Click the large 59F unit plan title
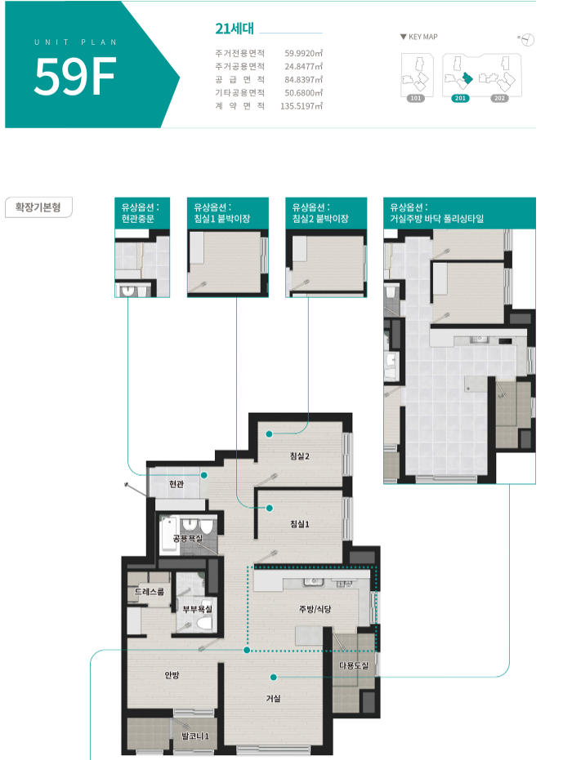coord(75,76)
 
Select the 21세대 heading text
coord(235,29)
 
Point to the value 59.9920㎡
coord(304,53)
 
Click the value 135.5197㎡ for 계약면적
coord(302,105)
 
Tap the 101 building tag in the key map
coord(416,99)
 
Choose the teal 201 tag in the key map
coord(460,99)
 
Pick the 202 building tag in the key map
coord(499,99)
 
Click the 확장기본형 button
coord(38,207)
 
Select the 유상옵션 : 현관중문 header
coord(142,213)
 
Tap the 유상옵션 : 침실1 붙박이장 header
coord(227,213)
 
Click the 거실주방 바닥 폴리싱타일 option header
coord(459,213)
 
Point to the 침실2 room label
coord(299,456)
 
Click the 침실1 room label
coord(299,524)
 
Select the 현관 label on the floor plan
coord(177,484)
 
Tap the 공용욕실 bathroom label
coord(188,538)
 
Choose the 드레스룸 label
coord(150,592)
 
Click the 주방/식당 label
coord(315,609)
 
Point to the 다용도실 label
coord(354,665)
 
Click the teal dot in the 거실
coord(274,677)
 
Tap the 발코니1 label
coord(195,736)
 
